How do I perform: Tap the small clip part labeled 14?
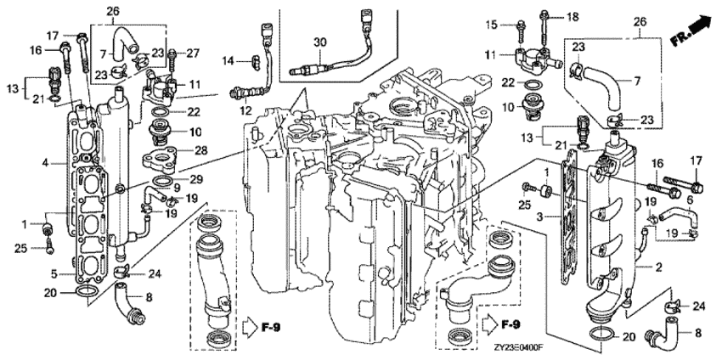[x=253, y=59]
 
